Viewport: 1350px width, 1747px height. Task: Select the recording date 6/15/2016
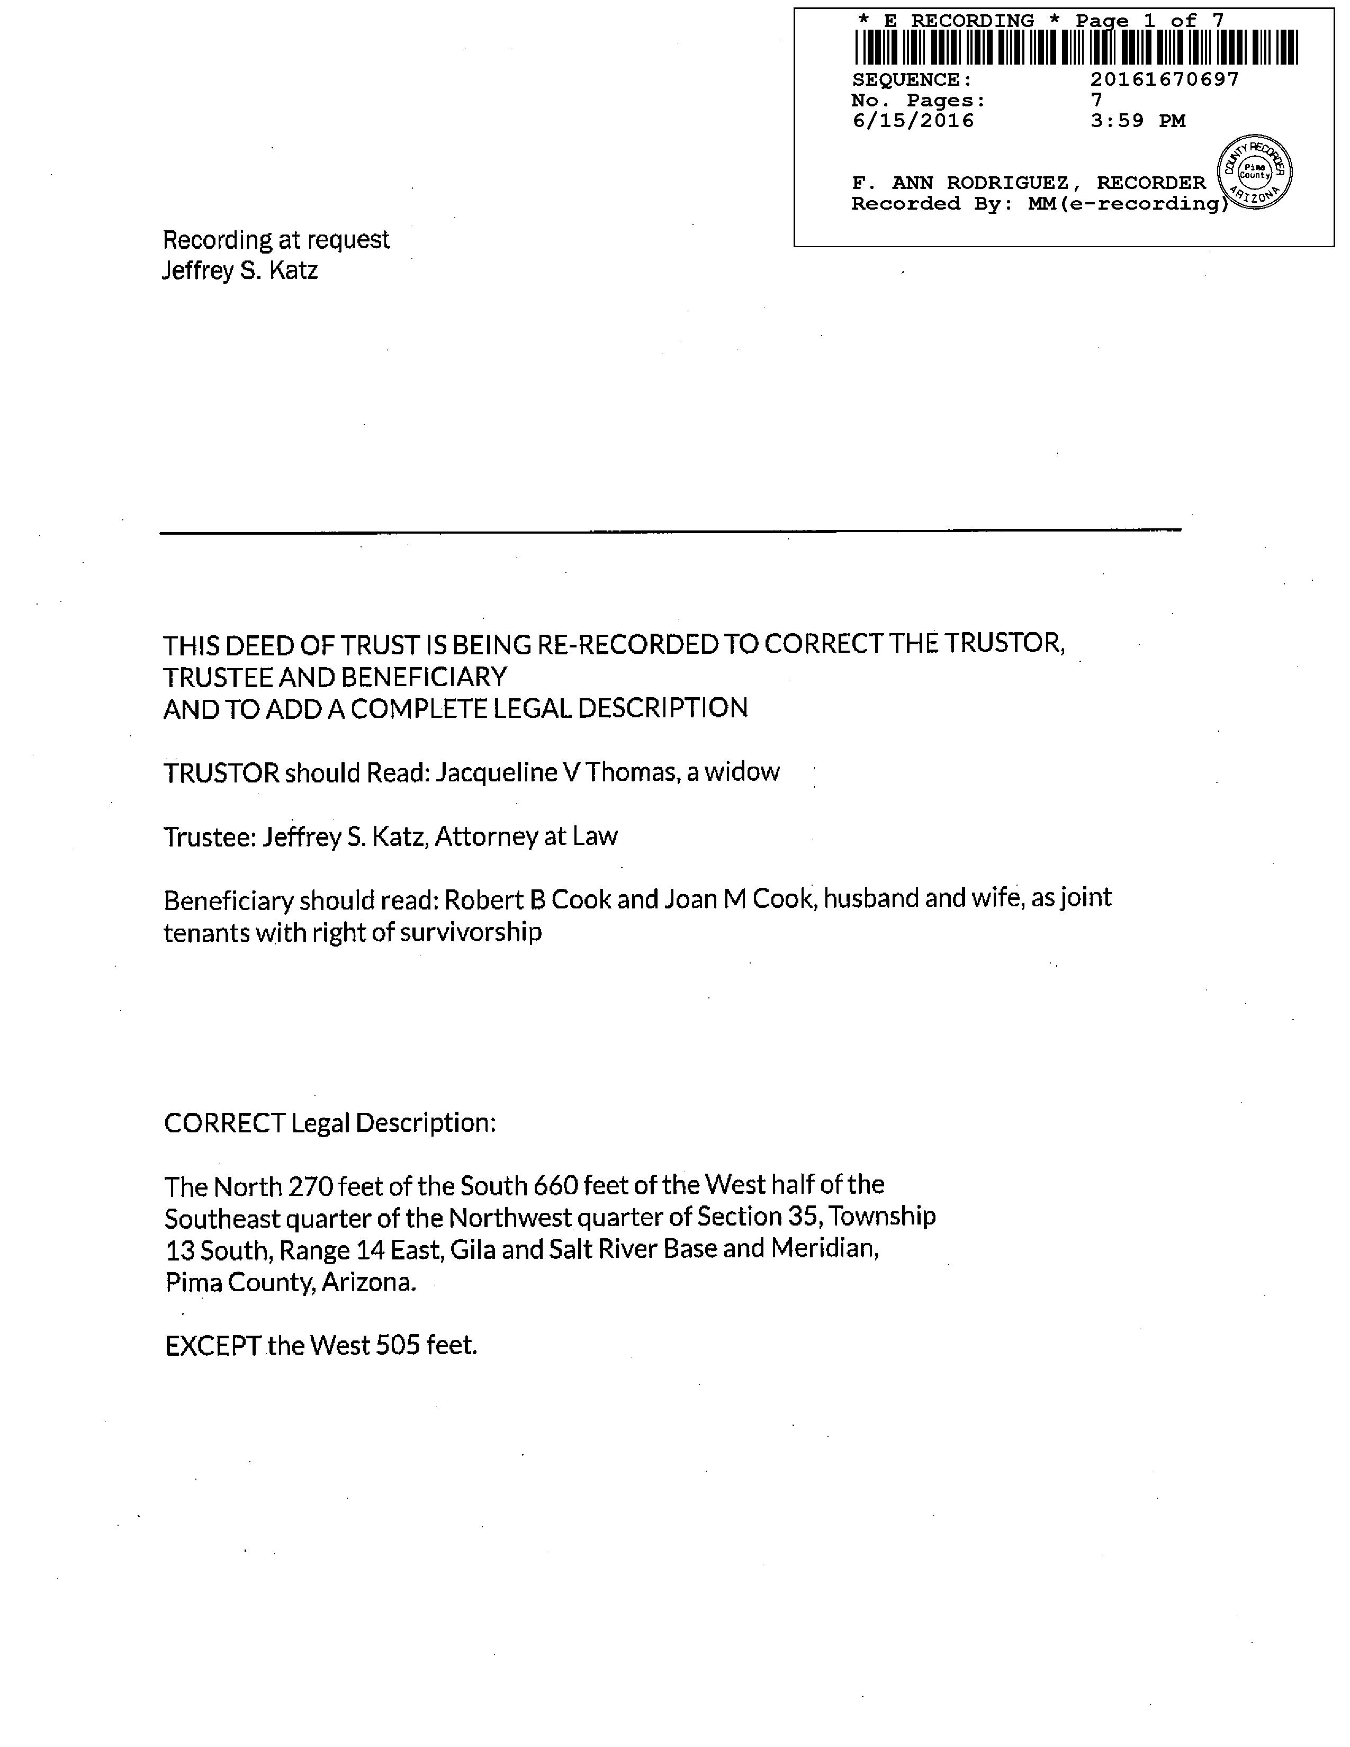point(913,121)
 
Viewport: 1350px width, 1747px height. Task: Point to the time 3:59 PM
point(1137,121)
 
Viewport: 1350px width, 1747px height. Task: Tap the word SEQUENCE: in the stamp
point(912,80)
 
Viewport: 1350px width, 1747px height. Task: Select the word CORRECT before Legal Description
point(224,1123)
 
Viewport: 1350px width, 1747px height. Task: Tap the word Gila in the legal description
point(473,1249)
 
